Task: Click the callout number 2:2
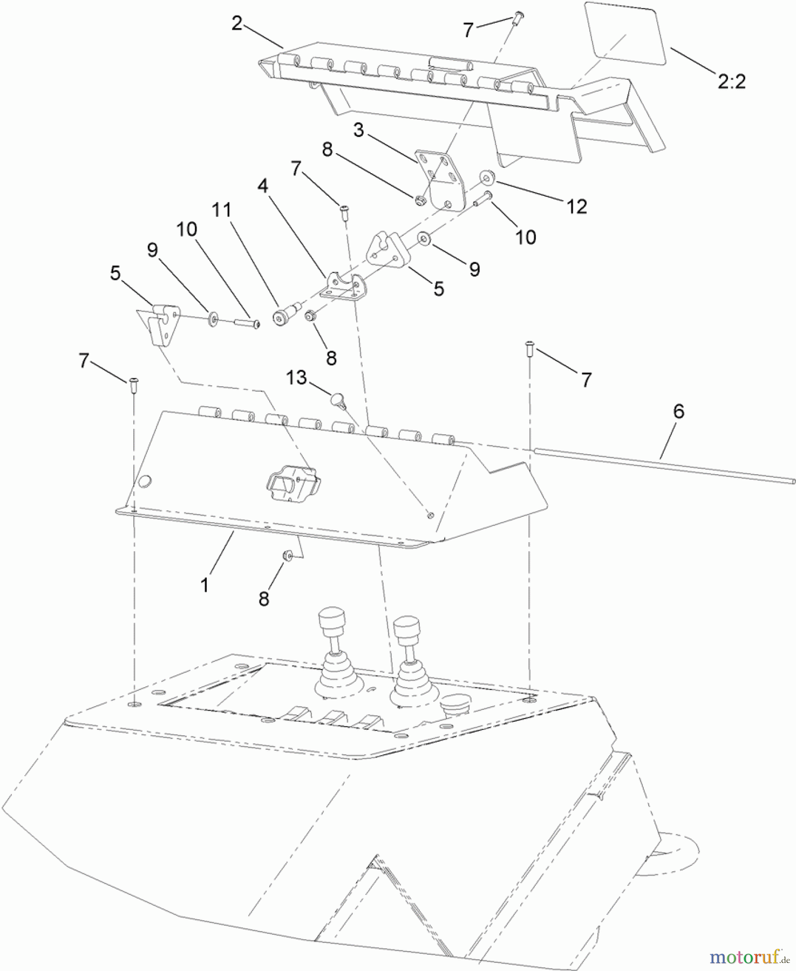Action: (731, 81)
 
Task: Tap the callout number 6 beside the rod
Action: (678, 412)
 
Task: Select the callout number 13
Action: (296, 378)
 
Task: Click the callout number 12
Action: (576, 206)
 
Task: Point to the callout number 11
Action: (221, 210)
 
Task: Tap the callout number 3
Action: (359, 131)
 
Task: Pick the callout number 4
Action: (263, 186)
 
